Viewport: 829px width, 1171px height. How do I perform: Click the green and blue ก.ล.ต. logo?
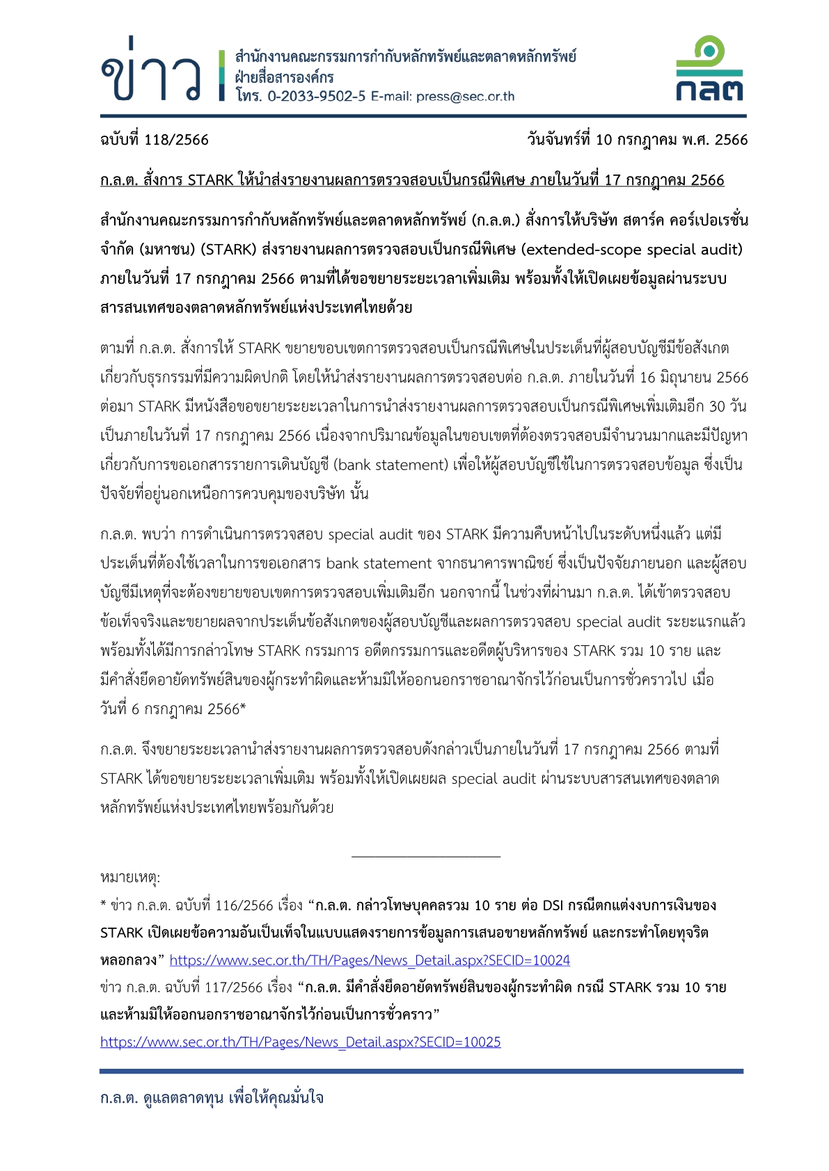709,70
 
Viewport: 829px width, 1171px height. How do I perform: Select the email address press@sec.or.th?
465,97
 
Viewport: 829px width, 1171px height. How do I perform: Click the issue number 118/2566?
177,140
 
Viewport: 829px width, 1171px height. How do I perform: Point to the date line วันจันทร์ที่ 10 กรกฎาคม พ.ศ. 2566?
637,140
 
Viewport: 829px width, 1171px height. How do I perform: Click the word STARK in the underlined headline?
211,180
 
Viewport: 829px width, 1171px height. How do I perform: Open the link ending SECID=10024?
370,960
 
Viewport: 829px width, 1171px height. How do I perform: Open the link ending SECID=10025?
300,1042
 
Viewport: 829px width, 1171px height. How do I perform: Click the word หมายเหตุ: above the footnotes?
130,878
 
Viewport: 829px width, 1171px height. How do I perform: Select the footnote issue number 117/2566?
233,987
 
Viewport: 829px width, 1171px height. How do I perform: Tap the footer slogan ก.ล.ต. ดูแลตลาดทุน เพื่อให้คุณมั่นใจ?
212,1098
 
